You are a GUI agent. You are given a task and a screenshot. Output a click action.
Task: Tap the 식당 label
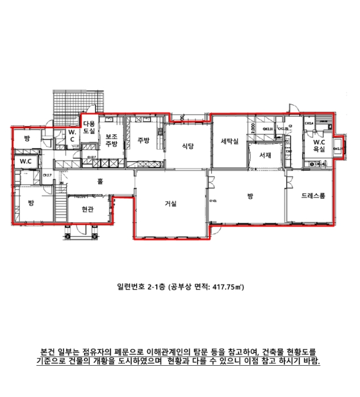click(188, 146)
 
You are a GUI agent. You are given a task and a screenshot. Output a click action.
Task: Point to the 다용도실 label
click(90, 126)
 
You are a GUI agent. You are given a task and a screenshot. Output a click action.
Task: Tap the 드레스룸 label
click(313, 196)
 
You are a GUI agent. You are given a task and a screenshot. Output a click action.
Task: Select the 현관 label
click(87, 209)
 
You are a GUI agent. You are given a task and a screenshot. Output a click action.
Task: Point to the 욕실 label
click(319, 150)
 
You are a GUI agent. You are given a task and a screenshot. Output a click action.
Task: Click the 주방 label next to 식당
click(143, 140)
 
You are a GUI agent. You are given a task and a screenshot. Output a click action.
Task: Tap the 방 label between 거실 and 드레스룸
click(250, 196)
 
